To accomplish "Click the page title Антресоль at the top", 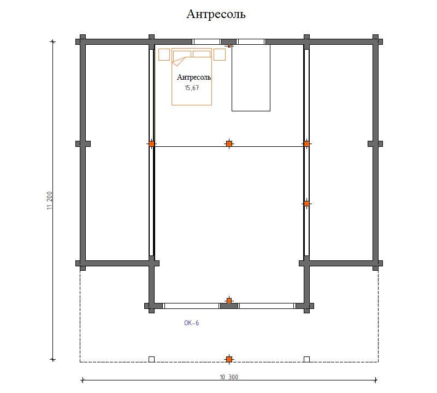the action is pyautogui.click(x=216, y=14).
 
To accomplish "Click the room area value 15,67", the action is pyautogui.click(x=192, y=88).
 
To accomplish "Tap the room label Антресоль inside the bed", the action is pyautogui.click(x=194, y=77).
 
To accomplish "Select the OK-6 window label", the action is pyautogui.click(x=192, y=323).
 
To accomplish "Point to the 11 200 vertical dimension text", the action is pyautogui.click(x=50, y=200).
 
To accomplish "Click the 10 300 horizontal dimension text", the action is pyautogui.click(x=229, y=377).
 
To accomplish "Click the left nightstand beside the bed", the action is pyautogui.click(x=164, y=55).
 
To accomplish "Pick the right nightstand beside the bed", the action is pyautogui.click(x=220, y=55).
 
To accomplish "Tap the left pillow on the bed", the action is pyautogui.click(x=182, y=54).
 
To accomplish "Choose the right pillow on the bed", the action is pyautogui.click(x=202, y=54).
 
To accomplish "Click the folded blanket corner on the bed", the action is pyautogui.click(x=179, y=62).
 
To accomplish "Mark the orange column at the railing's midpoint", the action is pyautogui.click(x=229, y=144).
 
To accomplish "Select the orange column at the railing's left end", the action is pyautogui.click(x=152, y=144).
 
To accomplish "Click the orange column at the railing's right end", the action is pyautogui.click(x=306, y=144).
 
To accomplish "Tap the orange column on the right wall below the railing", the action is pyautogui.click(x=306, y=204).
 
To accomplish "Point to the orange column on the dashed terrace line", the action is pyautogui.click(x=229, y=359).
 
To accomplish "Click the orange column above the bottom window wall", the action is pyautogui.click(x=229, y=301).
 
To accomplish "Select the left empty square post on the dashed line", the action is pyautogui.click(x=152, y=359).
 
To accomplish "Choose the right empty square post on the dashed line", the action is pyautogui.click(x=306, y=359).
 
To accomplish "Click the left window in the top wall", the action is pyautogui.click(x=207, y=42).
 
